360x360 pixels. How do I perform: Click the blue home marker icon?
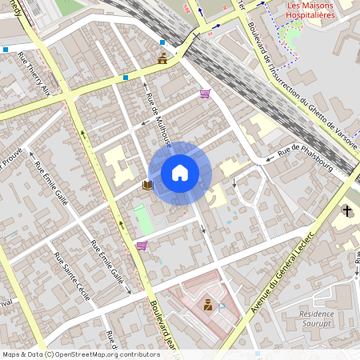(180, 172)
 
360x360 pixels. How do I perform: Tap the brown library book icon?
(147, 185)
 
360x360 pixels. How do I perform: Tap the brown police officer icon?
(208, 304)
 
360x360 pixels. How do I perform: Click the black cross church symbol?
(347, 211)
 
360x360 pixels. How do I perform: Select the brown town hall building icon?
(163, 58)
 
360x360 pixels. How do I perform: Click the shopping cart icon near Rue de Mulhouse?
(205, 94)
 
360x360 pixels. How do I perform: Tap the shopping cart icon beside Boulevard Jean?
(142, 246)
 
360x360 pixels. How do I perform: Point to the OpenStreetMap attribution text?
(81, 354)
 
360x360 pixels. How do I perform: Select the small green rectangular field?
(143, 218)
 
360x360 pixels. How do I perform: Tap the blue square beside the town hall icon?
(162, 42)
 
